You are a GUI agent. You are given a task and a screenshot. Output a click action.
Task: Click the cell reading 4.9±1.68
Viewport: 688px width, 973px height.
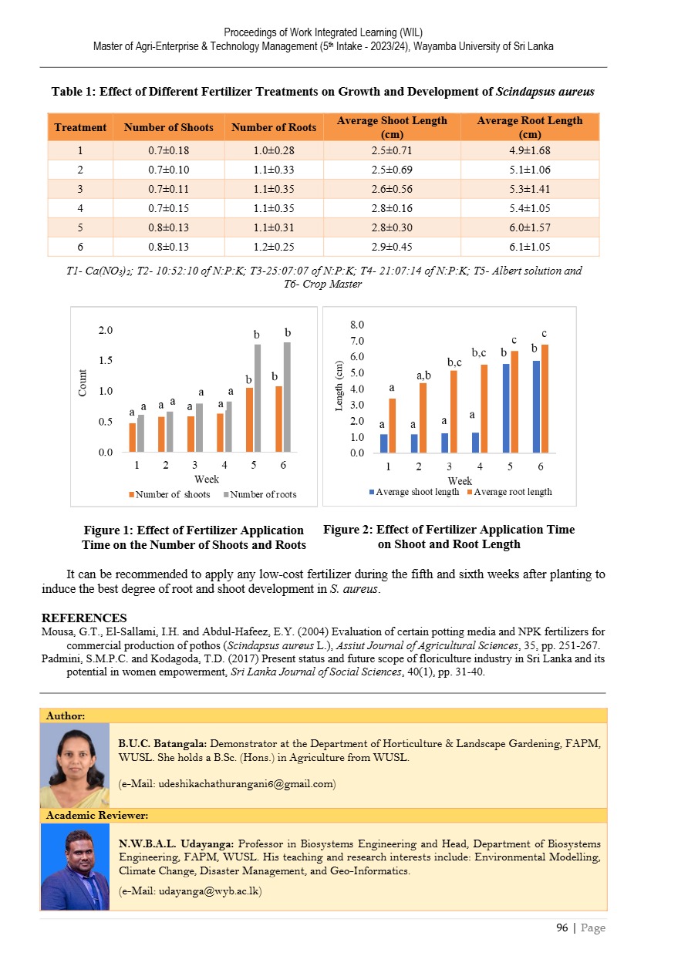530,150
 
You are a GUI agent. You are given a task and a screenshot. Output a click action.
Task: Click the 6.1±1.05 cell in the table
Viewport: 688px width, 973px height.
530,247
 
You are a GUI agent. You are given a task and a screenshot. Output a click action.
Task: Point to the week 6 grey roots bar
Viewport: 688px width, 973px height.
288,397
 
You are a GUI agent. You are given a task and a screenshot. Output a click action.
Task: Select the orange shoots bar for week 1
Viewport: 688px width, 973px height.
133,437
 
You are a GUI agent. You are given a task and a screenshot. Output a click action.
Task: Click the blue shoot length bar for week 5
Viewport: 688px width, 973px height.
506,408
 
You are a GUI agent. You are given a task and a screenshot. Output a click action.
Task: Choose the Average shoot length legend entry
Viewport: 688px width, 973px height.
417,492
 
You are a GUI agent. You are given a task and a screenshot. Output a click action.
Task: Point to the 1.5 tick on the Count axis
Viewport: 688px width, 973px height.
105,361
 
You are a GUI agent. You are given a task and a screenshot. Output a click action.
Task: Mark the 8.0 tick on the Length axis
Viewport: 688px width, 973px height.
357,325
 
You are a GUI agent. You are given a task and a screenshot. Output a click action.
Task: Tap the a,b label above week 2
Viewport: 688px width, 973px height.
423,375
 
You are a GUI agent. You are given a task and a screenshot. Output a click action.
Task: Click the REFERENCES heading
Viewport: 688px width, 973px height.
84,618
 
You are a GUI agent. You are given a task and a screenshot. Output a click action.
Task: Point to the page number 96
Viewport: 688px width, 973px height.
562,928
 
